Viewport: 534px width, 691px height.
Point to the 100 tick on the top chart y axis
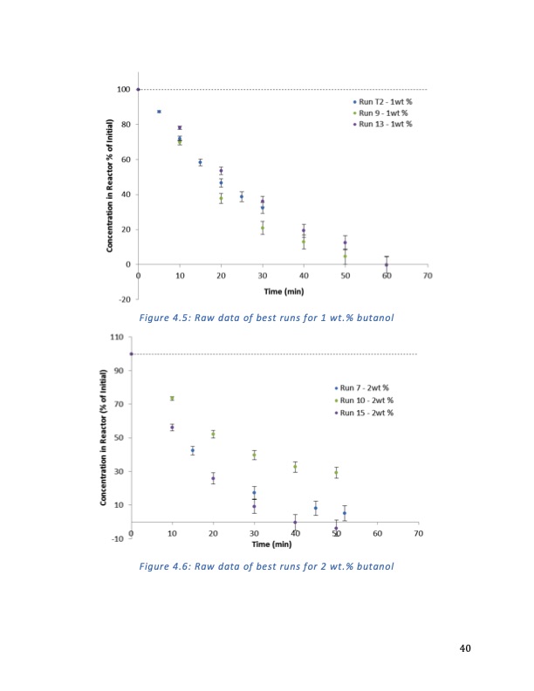click(124, 89)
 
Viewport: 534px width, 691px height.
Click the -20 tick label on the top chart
click(124, 299)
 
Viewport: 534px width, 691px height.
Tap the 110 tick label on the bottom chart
click(115, 337)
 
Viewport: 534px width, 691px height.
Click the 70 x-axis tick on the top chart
click(428, 277)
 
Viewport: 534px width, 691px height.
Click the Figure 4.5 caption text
click(267, 316)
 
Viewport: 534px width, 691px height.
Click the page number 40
click(464, 648)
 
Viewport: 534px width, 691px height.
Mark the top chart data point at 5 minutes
click(159, 112)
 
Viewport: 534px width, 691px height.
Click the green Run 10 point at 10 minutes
click(172, 398)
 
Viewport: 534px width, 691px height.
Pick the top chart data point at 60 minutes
click(387, 263)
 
